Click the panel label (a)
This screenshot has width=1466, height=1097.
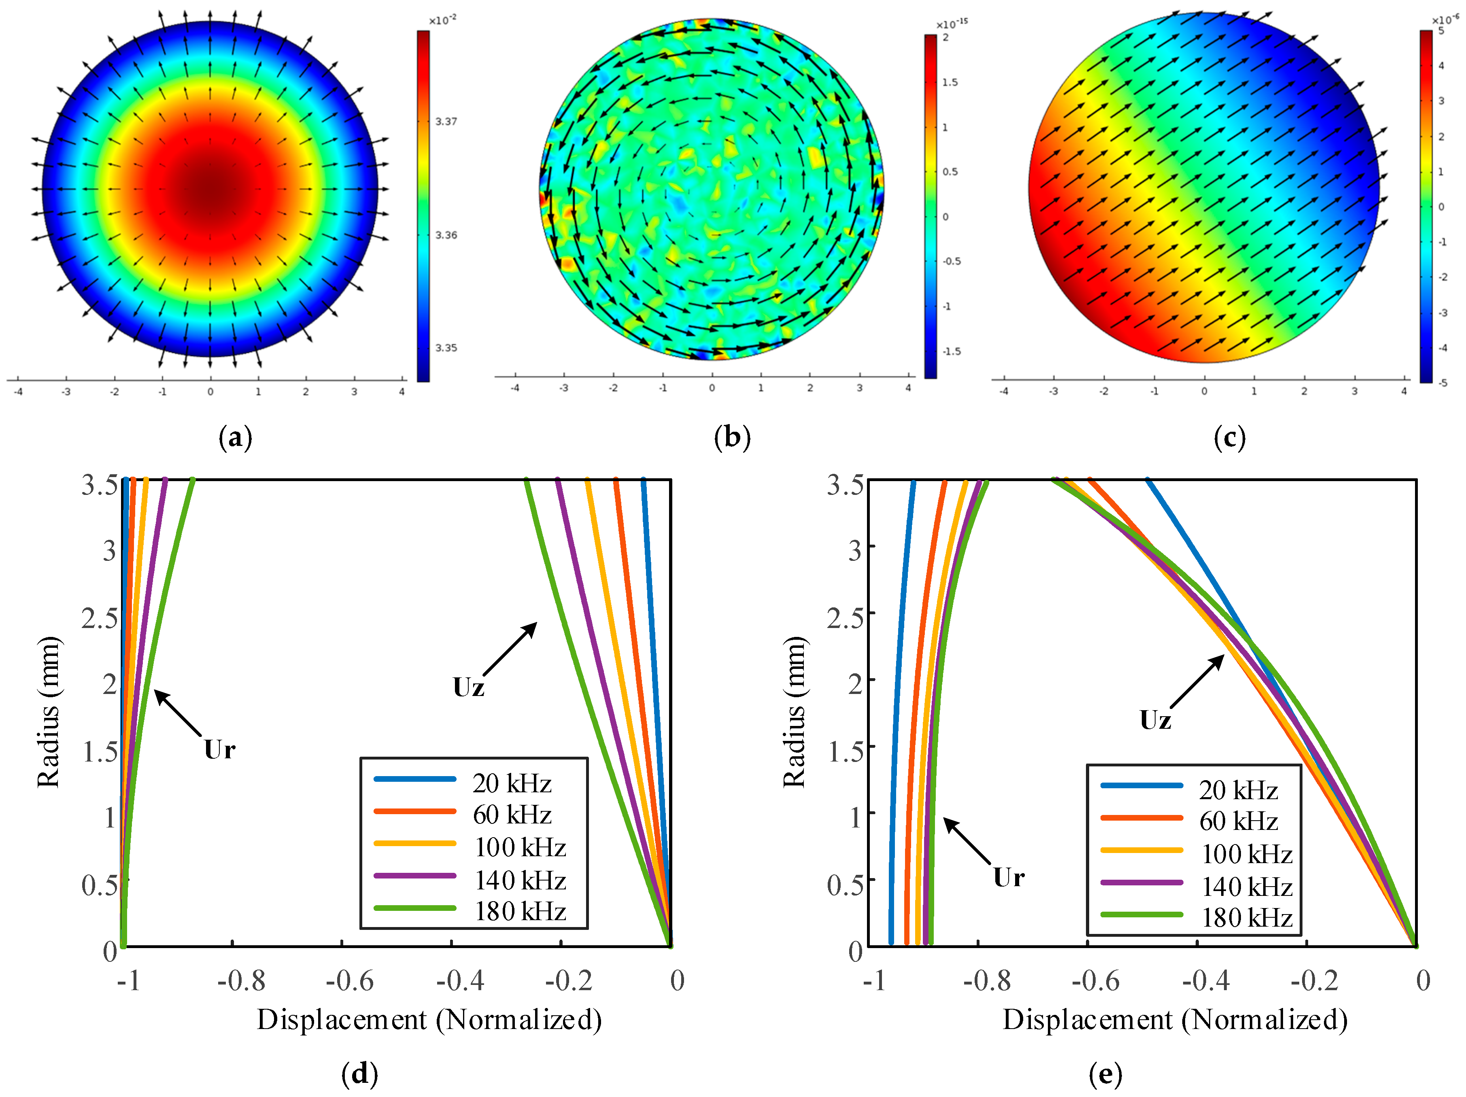point(235,438)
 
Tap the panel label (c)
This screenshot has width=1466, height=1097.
point(1229,438)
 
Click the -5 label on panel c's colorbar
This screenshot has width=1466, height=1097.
point(1443,382)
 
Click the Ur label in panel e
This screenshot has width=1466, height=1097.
point(1009,877)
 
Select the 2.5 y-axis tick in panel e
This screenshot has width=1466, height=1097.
point(845,617)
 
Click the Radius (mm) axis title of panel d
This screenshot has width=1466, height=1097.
point(49,712)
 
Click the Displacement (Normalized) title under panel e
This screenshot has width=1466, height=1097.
point(1175,1019)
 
